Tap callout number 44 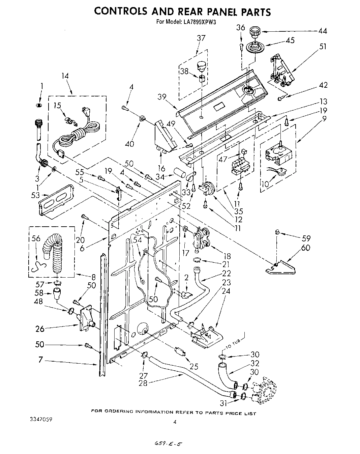[323, 31]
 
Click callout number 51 [323, 47]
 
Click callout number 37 [201, 38]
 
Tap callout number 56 [36, 238]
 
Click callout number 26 [40, 328]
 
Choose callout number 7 [40, 360]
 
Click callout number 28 [143, 383]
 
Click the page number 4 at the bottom [174, 422]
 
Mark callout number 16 [161, 168]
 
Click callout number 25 [194, 366]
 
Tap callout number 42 [323, 85]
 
